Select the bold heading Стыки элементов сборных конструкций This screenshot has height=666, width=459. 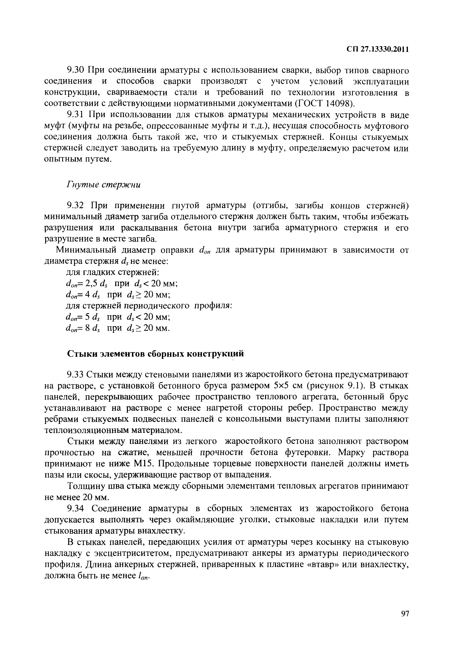pyautogui.click(x=156, y=354)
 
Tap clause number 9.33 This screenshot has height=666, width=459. pyautogui.click(x=75, y=375)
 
